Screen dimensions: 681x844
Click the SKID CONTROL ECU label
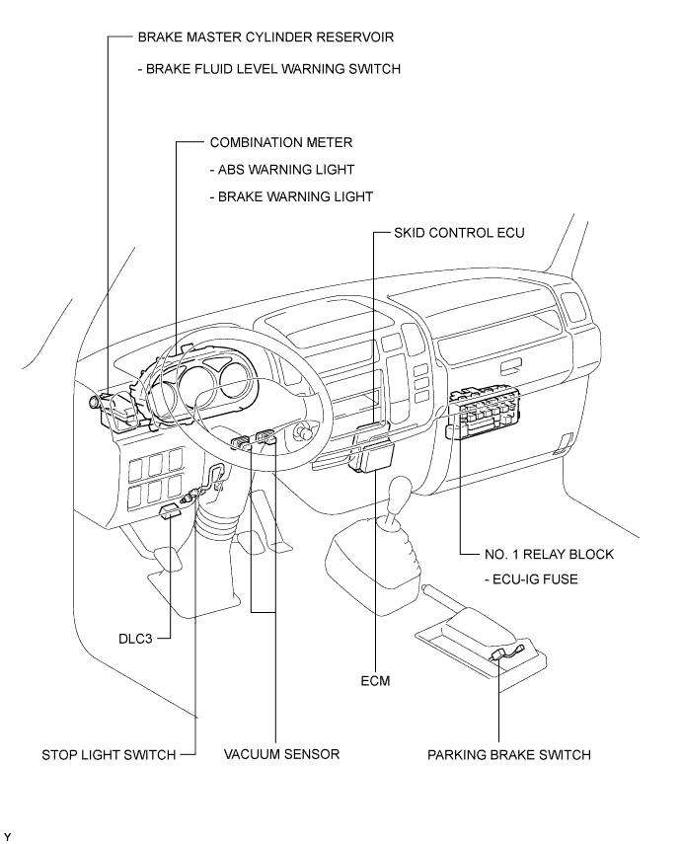[x=459, y=233]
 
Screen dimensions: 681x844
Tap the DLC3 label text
[x=135, y=639]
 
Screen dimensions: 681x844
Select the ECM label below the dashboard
[x=375, y=681]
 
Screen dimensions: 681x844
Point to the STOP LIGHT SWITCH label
[x=109, y=755]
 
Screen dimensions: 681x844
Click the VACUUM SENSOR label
[x=281, y=754]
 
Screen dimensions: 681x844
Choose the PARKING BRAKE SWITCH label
[x=508, y=754]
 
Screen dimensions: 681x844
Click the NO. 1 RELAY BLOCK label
[x=549, y=554]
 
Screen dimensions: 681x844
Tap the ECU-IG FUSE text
[x=531, y=579]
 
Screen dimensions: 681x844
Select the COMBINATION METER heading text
[x=281, y=142]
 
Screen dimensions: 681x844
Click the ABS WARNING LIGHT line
[x=282, y=170]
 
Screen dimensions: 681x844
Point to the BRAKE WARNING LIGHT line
[x=291, y=196]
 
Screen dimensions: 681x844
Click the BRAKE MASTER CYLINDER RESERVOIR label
[x=265, y=38]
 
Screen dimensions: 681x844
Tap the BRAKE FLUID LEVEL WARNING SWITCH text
[x=269, y=69]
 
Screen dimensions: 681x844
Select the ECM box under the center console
[x=372, y=455]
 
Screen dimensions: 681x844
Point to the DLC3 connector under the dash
[x=170, y=510]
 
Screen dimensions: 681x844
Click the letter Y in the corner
[x=7, y=836]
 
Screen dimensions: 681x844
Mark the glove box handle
[x=511, y=368]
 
